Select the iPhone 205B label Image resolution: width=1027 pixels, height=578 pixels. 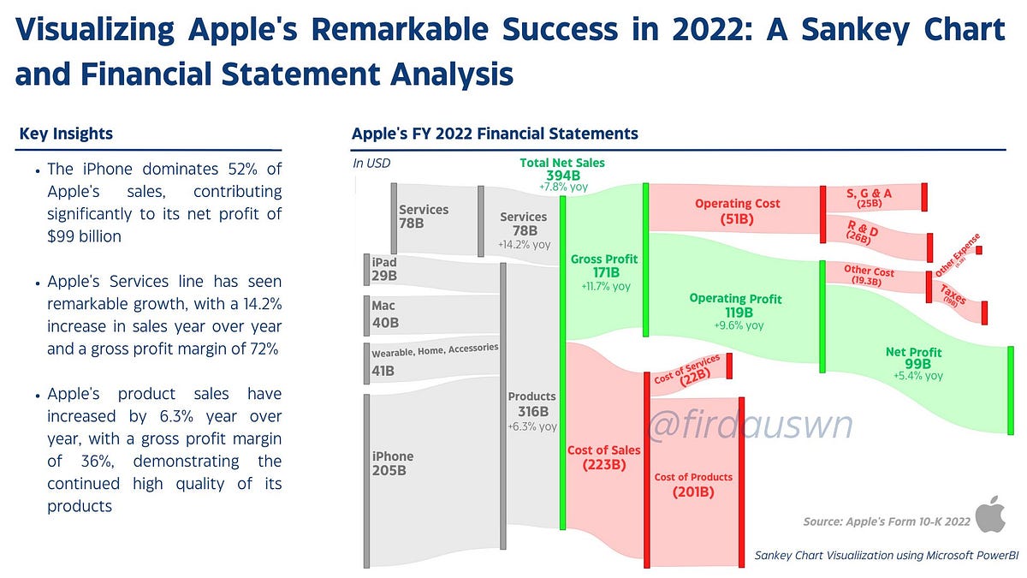pyautogui.click(x=393, y=463)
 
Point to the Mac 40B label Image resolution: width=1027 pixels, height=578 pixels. pyautogui.click(x=386, y=315)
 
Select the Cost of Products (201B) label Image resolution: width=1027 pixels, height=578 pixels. pyautogui.click(x=693, y=484)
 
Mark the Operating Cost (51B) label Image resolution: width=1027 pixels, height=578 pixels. pyautogui.click(x=737, y=211)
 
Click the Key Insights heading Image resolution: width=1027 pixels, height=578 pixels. pyautogui.click(x=66, y=134)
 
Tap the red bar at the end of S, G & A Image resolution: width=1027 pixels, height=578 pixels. pyautogui.click(x=924, y=197)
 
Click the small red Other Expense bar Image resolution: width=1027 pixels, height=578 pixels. pyautogui.click(x=979, y=250)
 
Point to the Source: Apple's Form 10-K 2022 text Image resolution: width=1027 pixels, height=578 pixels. pyautogui.click(x=887, y=521)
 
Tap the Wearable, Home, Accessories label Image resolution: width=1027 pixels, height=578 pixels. pyautogui.click(x=434, y=349)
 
